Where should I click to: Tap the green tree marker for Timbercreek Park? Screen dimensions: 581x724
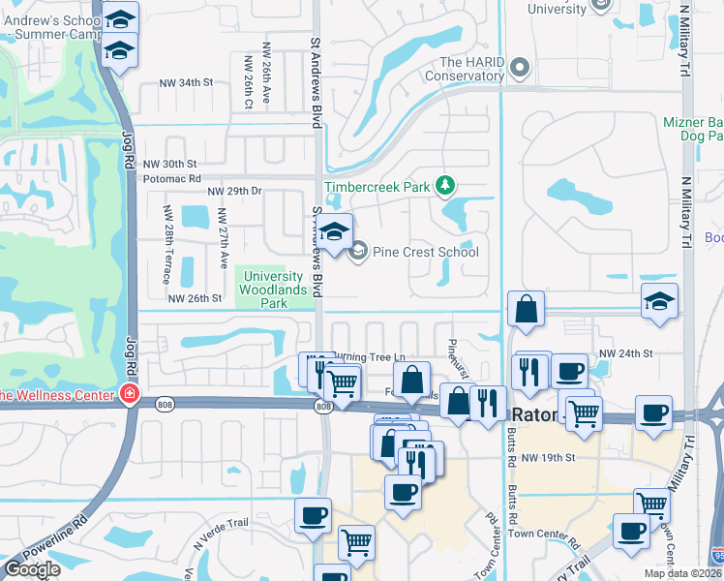point(444,184)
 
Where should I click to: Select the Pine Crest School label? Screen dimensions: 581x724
point(426,253)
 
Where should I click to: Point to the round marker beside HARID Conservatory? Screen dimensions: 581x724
point(520,68)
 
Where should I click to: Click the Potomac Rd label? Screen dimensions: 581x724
point(170,179)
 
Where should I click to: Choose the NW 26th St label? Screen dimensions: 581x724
point(196,298)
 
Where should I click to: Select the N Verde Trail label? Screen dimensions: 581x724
point(224,526)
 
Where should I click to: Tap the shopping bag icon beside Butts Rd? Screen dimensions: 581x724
point(525,310)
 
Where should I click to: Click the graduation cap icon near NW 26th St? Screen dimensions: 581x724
point(659,301)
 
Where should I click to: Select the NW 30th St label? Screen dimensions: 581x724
point(169,165)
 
